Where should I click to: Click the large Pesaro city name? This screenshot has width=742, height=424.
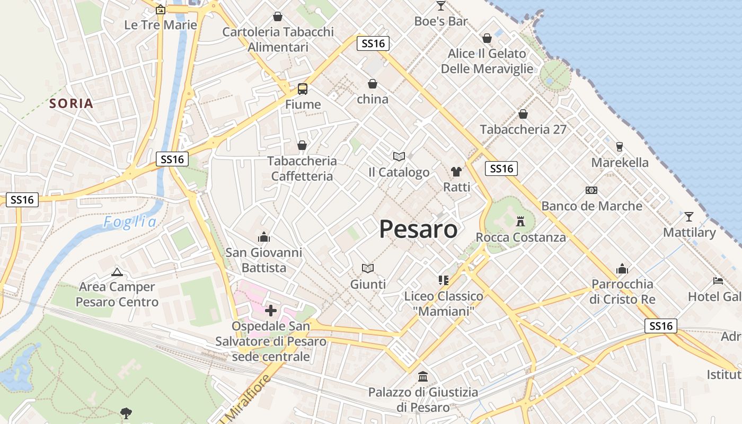pos(418,229)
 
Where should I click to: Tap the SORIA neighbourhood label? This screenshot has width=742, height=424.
pos(72,103)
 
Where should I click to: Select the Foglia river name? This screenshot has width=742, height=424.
pos(130,222)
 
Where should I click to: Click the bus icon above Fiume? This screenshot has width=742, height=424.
pos(303,89)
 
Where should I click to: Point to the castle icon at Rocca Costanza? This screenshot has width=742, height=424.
pos(520,221)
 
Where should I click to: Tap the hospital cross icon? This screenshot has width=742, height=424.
pos(271,310)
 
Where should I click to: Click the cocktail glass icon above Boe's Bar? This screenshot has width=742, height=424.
pos(441,6)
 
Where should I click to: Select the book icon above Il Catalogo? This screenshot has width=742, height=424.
pos(399,156)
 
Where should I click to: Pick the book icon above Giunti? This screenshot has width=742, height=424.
pos(368,268)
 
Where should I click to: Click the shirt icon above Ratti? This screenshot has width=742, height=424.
pos(456,171)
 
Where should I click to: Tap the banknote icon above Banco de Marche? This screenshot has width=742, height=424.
pos(591,190)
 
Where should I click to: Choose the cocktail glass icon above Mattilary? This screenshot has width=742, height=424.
pos(689,216)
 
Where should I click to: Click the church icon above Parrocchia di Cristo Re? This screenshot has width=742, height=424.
pos(622,269)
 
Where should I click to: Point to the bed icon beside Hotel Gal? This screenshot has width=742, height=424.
pos(718,280)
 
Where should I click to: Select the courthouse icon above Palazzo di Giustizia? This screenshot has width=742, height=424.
pos(423,377)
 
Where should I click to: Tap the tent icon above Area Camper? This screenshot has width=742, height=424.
pos(117,272)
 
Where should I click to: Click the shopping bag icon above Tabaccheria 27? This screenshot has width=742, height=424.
pos(523,114)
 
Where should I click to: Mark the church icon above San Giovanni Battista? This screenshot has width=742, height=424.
pos(263,237)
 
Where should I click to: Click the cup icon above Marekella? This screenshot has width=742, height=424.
pos(619,147)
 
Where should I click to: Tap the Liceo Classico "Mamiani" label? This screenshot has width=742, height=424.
pos(444,304)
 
